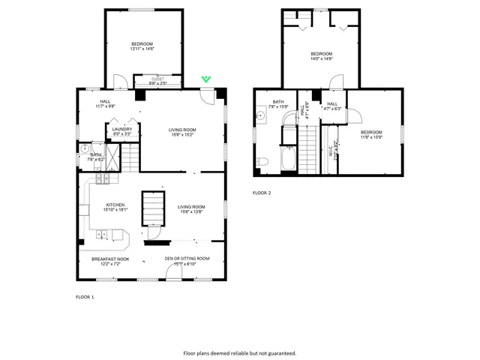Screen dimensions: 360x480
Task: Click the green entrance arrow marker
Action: click(206, 79)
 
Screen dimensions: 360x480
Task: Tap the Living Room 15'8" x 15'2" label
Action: click(181, 132)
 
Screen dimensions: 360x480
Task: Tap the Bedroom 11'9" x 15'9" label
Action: click(371, 134)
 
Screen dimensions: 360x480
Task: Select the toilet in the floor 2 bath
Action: click(262, 161)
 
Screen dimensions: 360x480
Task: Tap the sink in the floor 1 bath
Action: click(85, 149)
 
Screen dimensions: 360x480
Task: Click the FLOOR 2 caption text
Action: click(262, 193)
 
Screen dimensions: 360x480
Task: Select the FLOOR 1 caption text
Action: click(85, 298)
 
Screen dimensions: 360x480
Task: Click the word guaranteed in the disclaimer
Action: click(280, 352)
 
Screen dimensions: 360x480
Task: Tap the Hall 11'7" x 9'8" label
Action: click(105, 104)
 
